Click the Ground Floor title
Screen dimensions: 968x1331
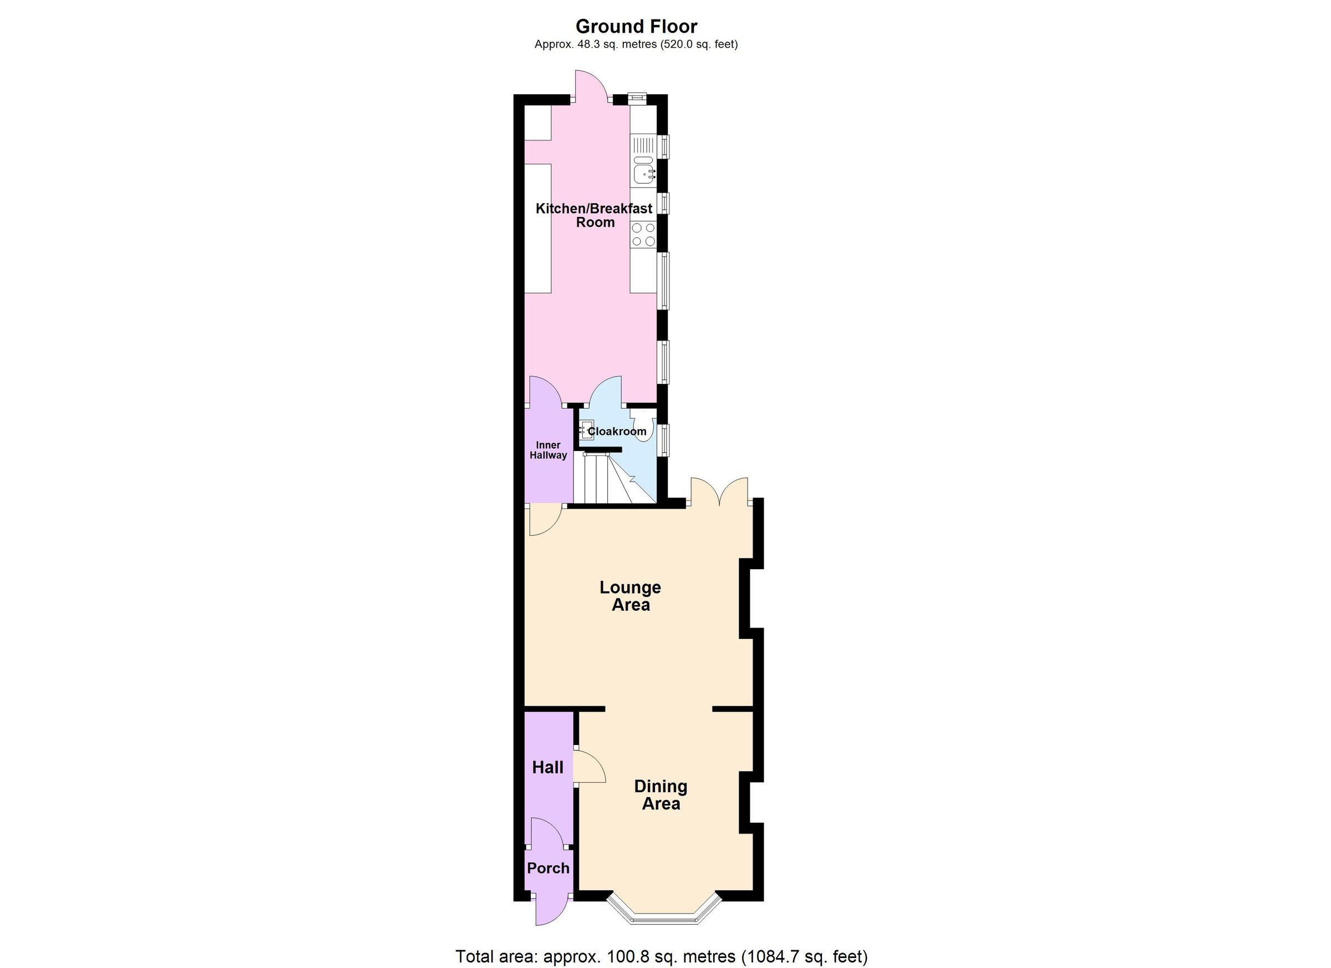(636, 27)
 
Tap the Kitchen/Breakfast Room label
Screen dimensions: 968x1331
(594, 215)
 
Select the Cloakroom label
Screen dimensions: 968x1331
(617, 432)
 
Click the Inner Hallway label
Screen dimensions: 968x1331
(548, 450)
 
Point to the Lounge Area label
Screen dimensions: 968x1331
(631, 596)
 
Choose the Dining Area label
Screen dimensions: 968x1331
(661, 795)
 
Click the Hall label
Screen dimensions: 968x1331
(547, 767)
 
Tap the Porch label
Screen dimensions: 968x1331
(548, 868)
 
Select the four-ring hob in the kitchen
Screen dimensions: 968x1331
(643, 234)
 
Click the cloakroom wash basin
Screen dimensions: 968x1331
(586, 430)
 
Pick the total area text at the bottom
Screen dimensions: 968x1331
(662, 956)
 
